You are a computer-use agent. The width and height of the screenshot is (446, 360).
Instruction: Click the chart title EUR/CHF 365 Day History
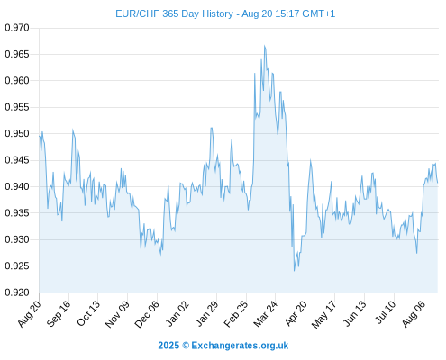point(174,14)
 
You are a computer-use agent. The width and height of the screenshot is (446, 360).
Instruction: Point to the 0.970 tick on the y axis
point(17,28)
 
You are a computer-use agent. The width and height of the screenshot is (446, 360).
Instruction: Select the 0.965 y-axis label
point(17,54)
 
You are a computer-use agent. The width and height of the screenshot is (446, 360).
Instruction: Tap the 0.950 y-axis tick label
point(17,133)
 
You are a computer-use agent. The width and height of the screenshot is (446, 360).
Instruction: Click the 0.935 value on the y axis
point(17,213)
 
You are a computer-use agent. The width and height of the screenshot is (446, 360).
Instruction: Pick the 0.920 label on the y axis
point(17,292)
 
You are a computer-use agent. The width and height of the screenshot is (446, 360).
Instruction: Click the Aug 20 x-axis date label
point(29,313)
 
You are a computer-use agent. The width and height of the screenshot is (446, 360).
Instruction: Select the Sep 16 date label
point(59,313)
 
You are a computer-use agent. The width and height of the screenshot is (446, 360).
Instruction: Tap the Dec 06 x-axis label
point(147,314)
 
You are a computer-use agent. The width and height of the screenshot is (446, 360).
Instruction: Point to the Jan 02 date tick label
point(177,313)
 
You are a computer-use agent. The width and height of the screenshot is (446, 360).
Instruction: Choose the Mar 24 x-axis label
point(265,314)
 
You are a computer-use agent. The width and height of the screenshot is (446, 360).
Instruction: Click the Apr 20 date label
point(296,313)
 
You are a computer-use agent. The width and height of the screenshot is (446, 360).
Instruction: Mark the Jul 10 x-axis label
point(385,312)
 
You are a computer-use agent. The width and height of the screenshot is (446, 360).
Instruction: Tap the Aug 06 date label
point(414,313)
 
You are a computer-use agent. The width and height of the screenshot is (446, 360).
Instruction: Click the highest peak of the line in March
point(265,46)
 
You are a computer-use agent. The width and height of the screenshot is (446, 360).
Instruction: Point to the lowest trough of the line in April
point(295,271)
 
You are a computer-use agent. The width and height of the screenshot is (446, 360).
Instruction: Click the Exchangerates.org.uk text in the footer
point(240,346)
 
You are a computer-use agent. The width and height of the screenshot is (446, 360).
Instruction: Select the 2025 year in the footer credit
point(168,346)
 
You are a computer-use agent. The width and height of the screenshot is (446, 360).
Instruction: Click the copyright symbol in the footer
point(186,346)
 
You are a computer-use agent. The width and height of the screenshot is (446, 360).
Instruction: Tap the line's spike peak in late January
point(212,128)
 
